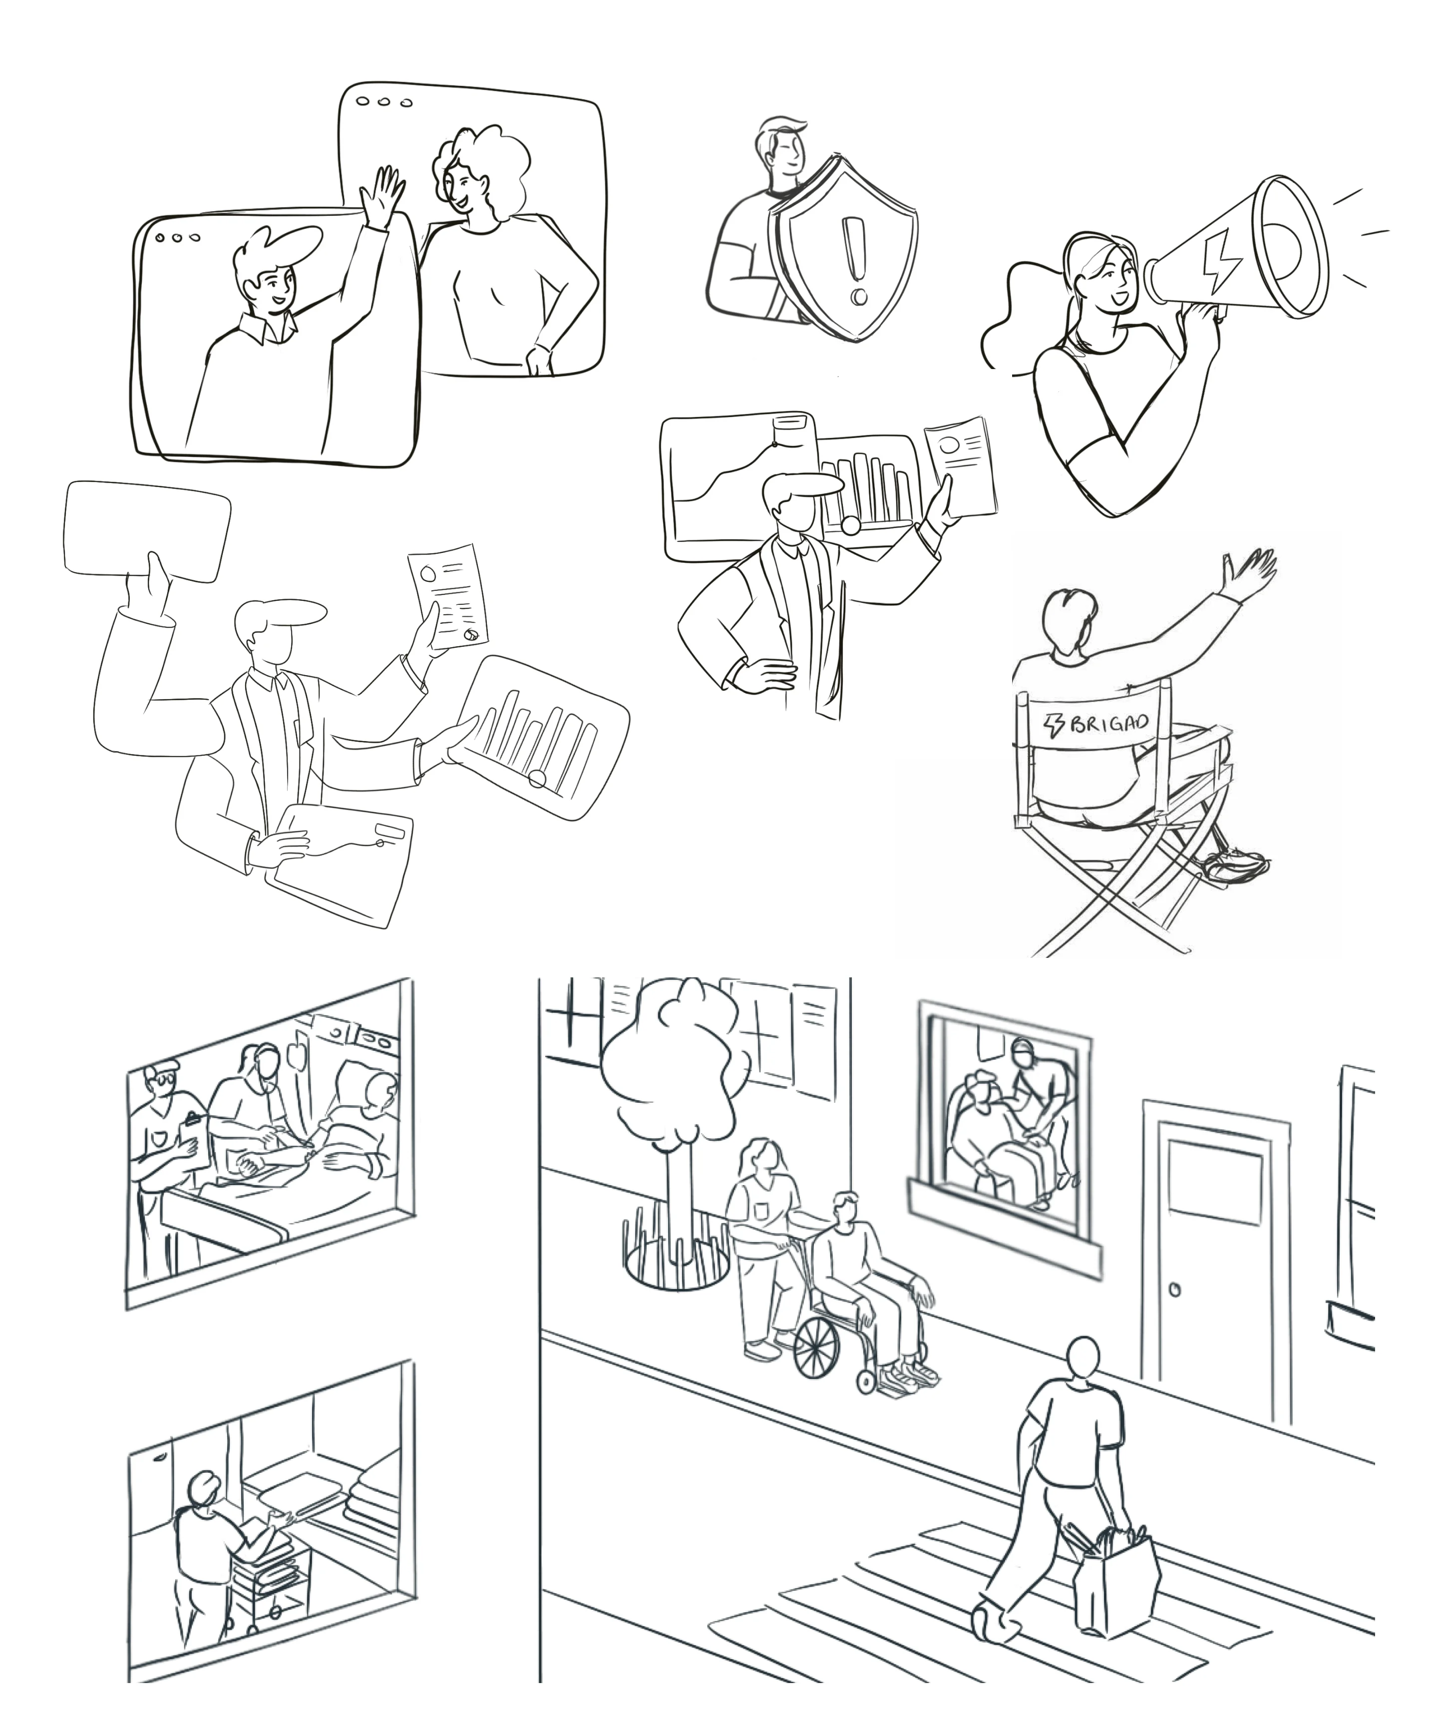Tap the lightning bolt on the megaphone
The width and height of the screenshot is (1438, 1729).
pos(1217,256)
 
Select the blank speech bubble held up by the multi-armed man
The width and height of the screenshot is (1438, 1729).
pos(146,531)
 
